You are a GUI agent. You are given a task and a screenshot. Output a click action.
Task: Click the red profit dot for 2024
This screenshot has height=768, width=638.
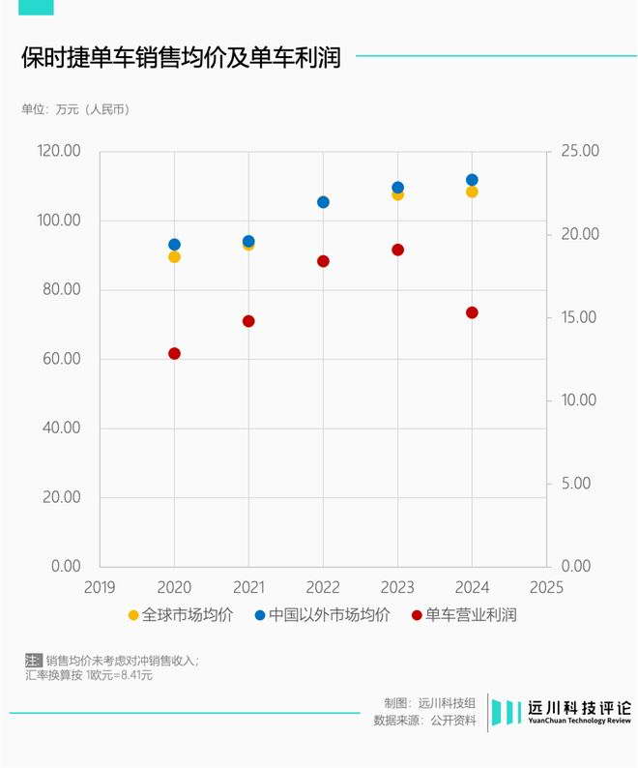click(x=472, y=312)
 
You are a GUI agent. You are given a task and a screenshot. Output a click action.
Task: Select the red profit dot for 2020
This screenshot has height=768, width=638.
click(x=174, y=353)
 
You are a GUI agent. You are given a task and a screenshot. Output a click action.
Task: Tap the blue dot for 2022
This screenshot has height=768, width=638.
click(x=323, y=202)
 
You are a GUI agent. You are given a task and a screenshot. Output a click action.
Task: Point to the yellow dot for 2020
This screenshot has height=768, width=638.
click(x=174, y=256)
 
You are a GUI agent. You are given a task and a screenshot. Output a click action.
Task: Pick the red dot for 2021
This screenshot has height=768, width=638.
click(x=248, y=321)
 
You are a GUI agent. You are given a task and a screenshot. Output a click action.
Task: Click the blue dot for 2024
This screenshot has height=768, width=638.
click(x=472, y=180)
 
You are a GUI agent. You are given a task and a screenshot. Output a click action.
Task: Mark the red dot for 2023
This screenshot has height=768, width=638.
click(x=397, y=250)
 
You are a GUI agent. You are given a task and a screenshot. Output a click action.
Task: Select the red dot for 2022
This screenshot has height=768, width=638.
click(x=323, y=261)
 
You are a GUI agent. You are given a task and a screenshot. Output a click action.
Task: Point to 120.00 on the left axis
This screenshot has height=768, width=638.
click(x=59, y=152)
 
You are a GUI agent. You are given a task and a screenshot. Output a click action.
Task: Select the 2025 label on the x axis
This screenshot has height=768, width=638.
click(x=546, y=587)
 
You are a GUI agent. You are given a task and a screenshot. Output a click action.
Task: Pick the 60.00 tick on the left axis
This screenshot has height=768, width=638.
click(x=62, y=359)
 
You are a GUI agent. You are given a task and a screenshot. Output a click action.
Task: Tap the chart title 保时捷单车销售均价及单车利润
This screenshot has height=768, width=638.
click(x=182, y=58)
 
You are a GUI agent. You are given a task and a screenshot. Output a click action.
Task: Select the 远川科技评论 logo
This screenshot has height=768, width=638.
click(x=562, y=712)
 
